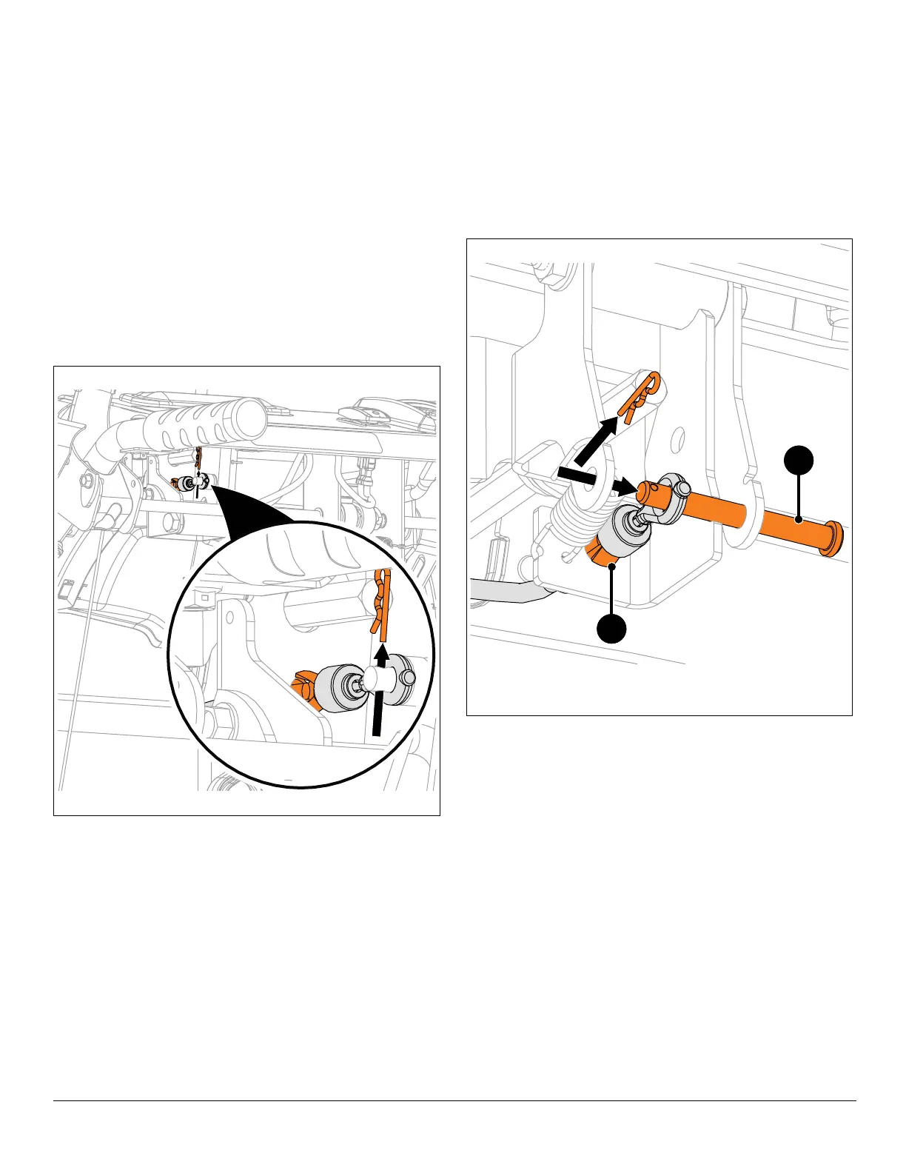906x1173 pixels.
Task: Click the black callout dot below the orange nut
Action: [x=611, y=628]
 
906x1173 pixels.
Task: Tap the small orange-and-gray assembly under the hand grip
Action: [x=189, y=483]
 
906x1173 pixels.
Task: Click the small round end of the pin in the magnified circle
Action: [x=409, y=677]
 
